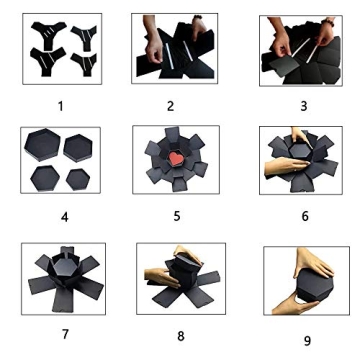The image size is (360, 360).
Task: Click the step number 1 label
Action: coord(60,106)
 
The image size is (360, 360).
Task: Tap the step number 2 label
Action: coord(170,106)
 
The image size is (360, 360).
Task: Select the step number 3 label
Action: coord(304,106)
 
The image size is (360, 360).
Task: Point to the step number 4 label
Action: coord(65,217)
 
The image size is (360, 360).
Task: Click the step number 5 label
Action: coord(177,216)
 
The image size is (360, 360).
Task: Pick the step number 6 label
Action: coord(305,216)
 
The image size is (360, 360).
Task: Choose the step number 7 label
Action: coord(65,334)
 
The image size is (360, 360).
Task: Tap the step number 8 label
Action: coord(181,336)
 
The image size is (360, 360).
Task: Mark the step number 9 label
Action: coord(307,341)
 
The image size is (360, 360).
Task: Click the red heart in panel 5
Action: coord(175,158)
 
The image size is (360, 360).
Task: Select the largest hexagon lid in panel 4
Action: coord(42,144)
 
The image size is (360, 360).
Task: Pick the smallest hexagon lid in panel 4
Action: coord(78,179)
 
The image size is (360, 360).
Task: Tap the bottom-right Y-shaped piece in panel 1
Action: coord(84,64)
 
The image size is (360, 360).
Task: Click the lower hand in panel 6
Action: coord(286,165)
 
